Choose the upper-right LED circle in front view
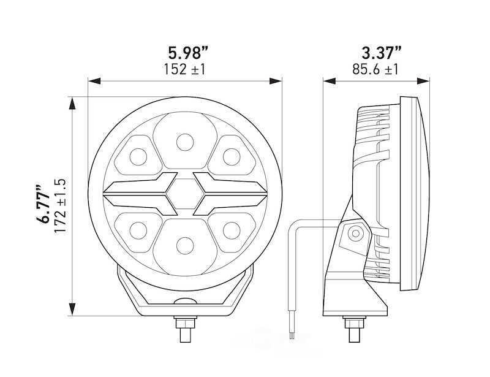click(230, 156)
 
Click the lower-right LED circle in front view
click(230, 230)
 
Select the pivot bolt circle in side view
click(354, 233)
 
